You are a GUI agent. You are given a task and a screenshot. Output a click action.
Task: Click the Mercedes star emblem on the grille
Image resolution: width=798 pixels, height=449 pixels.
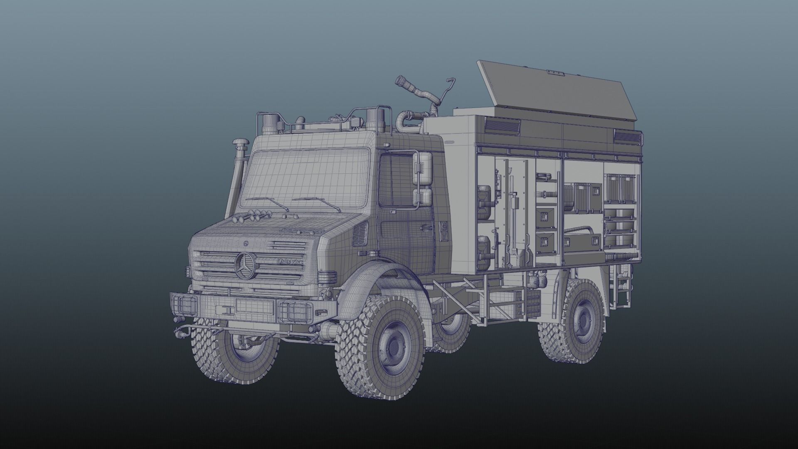coord(244,266)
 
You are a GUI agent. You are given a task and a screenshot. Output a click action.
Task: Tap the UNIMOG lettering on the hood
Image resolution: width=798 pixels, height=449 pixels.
coord(289,261)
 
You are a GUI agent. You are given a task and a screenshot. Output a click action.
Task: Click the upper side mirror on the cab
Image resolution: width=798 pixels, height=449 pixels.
coord(425,168)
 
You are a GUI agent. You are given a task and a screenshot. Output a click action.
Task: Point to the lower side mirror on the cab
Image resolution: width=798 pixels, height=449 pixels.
coord(424,199)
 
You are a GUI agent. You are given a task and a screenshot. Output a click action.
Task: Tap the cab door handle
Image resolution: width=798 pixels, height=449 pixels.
coord(424,227)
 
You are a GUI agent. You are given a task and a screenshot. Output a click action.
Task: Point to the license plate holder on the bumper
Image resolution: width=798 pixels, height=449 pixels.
coord(254,307)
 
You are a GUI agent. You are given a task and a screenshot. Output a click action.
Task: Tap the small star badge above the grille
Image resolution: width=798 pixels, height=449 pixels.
coord(246,242)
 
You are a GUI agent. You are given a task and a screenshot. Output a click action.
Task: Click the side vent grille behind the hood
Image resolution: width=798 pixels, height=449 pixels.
coord(359,234)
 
